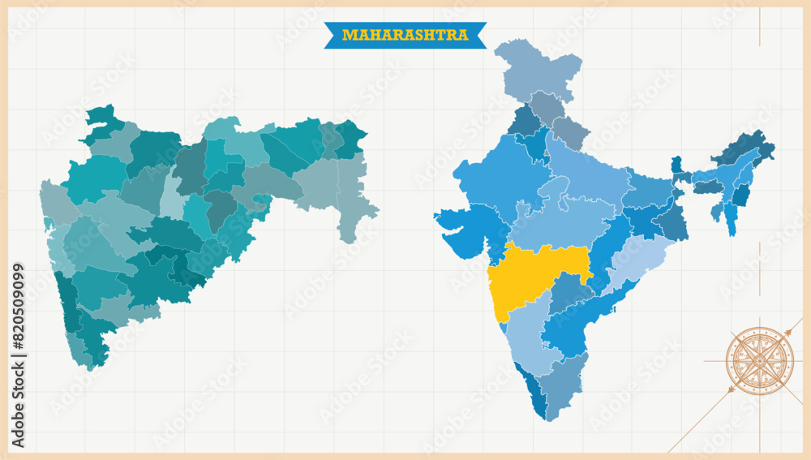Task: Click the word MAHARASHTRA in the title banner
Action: [405, 35]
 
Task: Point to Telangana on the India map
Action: [572, 292]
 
